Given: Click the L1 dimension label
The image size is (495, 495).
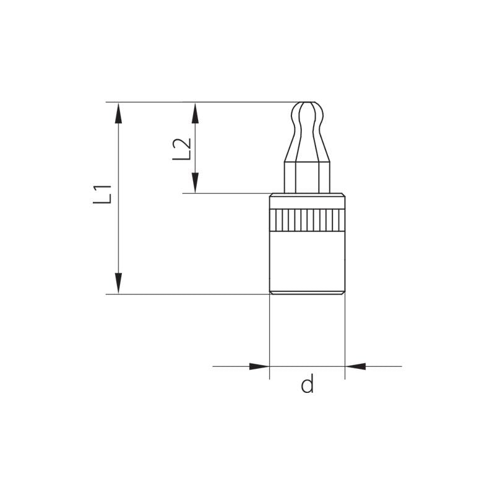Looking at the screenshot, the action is click(102, 194).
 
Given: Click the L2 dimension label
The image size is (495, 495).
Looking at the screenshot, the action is click(182, 149).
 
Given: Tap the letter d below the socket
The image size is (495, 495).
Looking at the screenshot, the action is click(307, 383).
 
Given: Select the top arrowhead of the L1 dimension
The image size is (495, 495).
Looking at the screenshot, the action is click(118, 113).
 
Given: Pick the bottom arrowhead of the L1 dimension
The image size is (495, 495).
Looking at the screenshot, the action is click(118, 283).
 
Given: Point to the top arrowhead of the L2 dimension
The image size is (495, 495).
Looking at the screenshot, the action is click(196, 113).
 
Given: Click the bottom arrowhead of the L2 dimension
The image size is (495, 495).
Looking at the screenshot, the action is click(196, 183).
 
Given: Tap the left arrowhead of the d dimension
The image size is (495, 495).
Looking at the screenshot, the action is click(259, 366).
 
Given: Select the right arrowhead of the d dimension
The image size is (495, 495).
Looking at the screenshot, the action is click(355, 366).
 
